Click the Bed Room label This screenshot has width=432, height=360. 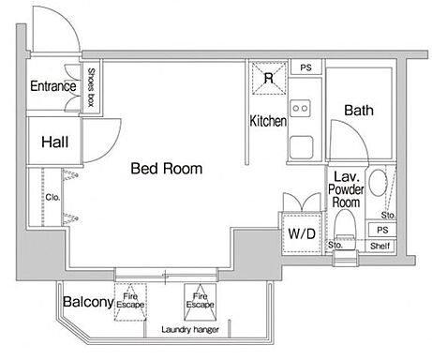167,169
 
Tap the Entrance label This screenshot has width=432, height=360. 53,86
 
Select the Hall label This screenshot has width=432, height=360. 55,142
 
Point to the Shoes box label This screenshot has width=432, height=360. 91,87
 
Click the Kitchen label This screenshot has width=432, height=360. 268,121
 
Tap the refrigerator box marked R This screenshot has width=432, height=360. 269,78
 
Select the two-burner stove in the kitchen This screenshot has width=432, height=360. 300,108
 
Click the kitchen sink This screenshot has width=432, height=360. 301,147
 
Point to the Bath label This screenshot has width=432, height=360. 359,111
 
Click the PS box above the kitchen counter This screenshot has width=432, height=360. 305,67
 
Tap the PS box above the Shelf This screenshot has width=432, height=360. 382,230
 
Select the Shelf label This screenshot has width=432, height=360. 380,246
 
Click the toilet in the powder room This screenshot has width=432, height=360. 345,230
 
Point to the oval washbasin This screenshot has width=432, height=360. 378,183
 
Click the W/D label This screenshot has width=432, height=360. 302,233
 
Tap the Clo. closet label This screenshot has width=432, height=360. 52,197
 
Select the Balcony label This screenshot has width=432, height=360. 88,302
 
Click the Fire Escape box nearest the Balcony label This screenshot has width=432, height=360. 130,302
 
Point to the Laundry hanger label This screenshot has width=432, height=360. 190,329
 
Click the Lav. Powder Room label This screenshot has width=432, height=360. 346,189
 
